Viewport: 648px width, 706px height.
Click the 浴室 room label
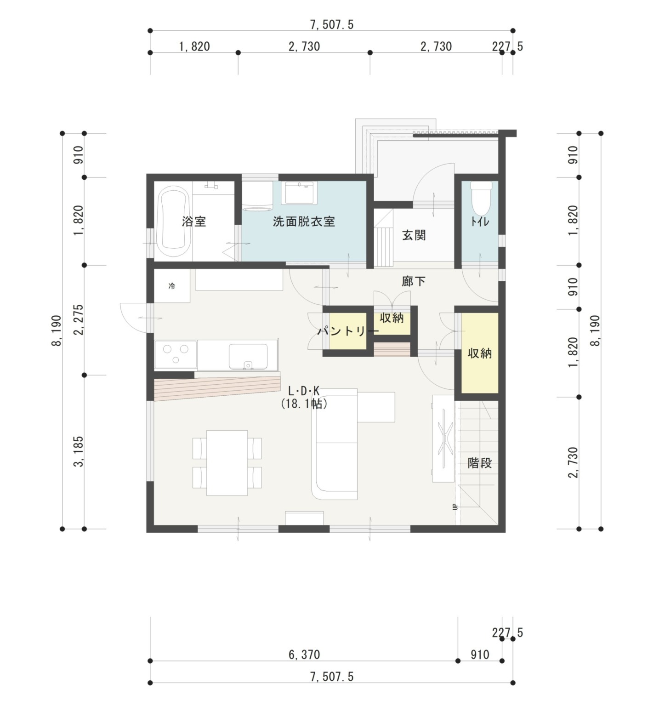(x=193, y=222)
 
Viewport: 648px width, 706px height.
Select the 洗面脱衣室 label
(x=304, y=222)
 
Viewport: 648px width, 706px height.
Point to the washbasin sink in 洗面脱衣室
(x=300, y=193)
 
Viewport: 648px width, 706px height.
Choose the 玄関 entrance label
(x=414, y=235)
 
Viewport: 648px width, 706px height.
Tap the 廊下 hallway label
(x=414, y=281)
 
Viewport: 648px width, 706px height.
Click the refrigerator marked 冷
(x=172, y=286)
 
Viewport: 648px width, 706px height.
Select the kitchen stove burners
(x=176, y=354)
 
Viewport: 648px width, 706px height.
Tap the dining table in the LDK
(x=227, y=463)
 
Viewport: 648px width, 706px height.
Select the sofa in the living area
(x=335, y=444)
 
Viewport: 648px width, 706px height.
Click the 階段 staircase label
(x=479, y=463)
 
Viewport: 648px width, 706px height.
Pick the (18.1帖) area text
(x=304, y=404)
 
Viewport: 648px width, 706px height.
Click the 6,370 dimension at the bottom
(x=304, y=655)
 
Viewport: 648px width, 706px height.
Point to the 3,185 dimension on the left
(x=79, y=451)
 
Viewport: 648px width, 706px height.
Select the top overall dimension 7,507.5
(x=332, y=25)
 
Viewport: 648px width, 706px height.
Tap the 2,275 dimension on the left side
(x=79, y=320)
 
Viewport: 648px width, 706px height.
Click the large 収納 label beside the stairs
(x=479, y=353)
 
